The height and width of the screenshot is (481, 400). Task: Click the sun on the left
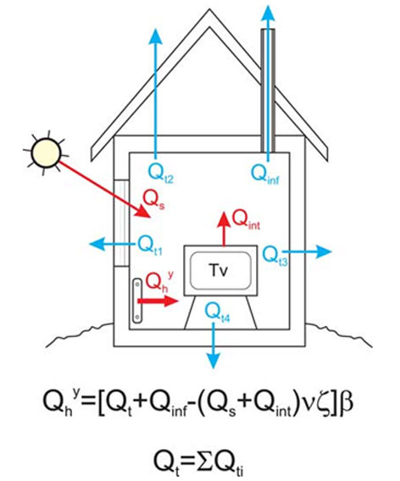click(46, 152)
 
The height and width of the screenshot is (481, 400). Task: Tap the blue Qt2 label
click(161, 174)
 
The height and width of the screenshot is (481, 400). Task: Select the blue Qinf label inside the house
click(265, 174)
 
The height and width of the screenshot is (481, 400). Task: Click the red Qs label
click(153, 201)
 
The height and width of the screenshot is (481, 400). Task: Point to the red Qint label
click(246, 220)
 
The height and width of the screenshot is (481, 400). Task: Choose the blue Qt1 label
click(150, 246)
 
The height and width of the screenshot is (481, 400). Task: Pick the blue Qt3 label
click(275, 256)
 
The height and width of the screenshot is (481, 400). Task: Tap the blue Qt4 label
click(217, 312)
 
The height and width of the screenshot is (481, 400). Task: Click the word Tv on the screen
click(219, 270)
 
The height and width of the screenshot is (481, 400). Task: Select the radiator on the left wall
click(137, 301)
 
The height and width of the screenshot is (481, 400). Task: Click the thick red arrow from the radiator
click(158, 301)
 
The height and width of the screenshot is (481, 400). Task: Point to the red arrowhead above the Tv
click(224, 219)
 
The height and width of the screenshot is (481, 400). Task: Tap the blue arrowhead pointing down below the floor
click(213, 361)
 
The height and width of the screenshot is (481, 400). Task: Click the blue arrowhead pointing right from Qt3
click(324, 252)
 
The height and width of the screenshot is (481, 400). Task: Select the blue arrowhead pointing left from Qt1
click(97, 244)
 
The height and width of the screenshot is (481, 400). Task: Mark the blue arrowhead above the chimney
click(268, 14)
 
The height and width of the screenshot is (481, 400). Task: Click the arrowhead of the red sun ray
click(143, 212)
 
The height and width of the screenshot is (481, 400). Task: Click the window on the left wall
click(121, 223)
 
